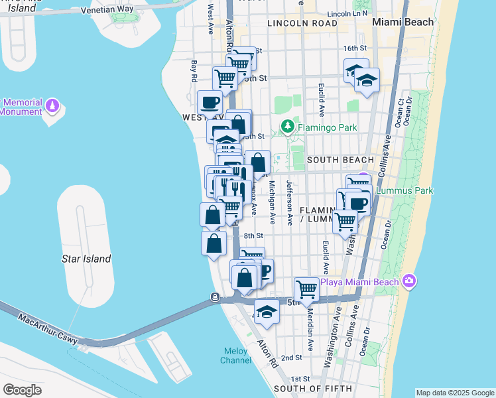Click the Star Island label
pyautogui.click(x=86, y=259)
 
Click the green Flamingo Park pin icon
pyautogui.click(x=288, y=126)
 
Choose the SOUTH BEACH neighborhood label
pyautogui.click(x=340, y=160)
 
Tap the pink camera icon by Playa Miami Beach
pyautogui.click(x=408, y=282)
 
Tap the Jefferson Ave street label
pyautogui.click(x=290, y=202)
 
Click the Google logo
pyautogui.click(x=22, y=389)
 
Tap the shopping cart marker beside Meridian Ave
pyautogui.click(x=306, y=289)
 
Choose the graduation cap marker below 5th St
pyautogui.click(x=267, y=312)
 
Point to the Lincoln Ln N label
pyautogui.click(x=348, y=13)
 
